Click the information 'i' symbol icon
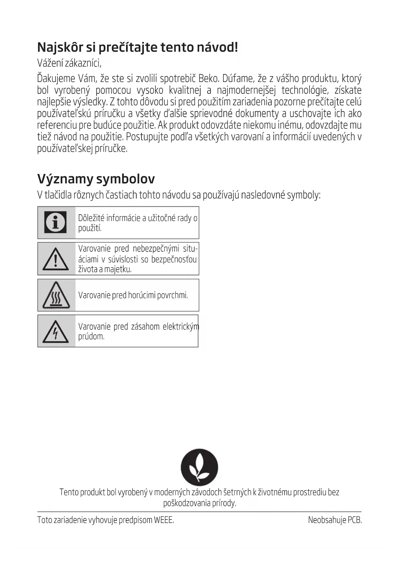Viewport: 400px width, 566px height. coord(55,222)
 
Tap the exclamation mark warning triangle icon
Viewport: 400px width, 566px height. coord(55,259)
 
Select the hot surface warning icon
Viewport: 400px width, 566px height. coord(56,295)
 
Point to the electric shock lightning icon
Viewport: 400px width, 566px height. coord(55,331)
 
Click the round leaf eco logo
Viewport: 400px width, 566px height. coord(199,467)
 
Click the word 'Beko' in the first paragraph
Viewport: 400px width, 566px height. coord(209,78)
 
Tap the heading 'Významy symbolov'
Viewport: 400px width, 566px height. coord(96,179)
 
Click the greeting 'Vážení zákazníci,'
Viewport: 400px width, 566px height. coord(69,63)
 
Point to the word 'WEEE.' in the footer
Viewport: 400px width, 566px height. coord(164,520)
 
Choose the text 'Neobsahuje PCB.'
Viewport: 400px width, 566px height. coord(335,520)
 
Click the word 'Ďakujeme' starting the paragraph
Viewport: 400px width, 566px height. coord(56,78)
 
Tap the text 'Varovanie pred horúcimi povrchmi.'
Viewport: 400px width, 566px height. coord(133,295)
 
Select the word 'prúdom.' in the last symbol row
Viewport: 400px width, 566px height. coord(91,337)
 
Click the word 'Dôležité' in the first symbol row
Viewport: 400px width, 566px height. coord(91,218)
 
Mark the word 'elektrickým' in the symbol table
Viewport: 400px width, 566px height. coord(181,327)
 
